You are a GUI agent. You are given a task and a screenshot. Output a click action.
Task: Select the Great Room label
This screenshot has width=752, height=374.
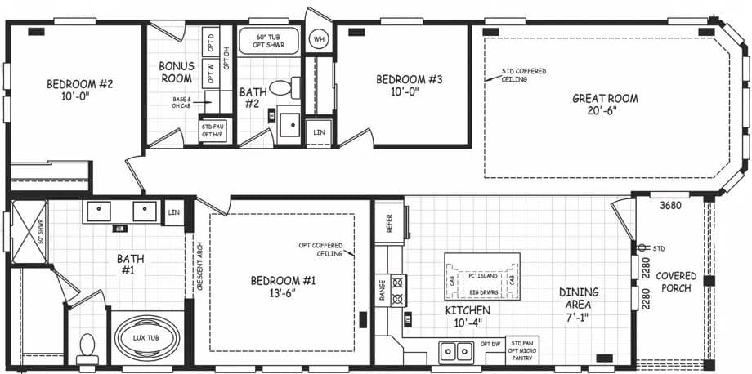[x=605, y=105]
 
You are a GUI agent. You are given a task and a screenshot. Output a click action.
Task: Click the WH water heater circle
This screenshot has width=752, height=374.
[x=318, y=38]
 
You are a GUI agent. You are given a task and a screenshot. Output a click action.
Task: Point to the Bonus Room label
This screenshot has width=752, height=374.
[x=176, y=72]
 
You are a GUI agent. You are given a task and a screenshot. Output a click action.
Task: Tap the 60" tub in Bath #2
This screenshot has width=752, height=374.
[x=268, y=41]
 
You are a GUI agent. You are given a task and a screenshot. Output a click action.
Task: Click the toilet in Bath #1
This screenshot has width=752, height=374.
[x=87, y=350]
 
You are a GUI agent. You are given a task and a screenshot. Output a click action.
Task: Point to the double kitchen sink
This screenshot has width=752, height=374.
[x=455, y=352]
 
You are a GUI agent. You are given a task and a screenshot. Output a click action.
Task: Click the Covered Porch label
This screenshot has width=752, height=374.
[x=677, y=282]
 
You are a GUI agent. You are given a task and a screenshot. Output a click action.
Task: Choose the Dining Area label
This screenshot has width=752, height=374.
[x=579, y=299]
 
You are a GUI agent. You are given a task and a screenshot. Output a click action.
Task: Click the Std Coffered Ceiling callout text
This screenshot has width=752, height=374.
[x=524, y=75]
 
